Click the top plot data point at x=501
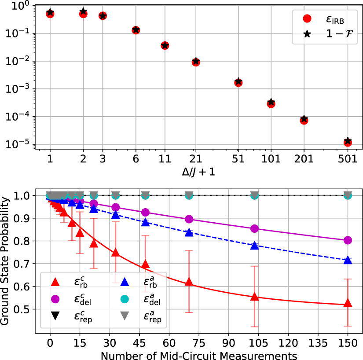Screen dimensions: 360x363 pos(348,142)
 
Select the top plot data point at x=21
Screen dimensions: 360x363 pos(196,62)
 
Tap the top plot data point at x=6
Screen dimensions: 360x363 pos(136,30)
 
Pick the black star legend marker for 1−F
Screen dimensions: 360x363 pos(308,33)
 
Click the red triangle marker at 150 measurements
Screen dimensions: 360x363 pos(348,303)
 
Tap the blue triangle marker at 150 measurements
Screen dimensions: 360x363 pos(348,260)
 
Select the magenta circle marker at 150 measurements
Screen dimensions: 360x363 pos(348,240)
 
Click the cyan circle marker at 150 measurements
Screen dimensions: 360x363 pos(348,195)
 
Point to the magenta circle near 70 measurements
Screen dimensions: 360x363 pos(189,219)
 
